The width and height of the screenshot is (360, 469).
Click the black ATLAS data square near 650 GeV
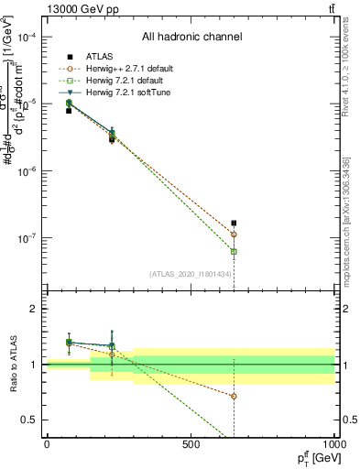pos(235,223)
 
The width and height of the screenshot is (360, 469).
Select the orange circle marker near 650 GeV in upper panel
pos(235,234)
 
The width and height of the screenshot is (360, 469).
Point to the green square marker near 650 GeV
pos(235,251)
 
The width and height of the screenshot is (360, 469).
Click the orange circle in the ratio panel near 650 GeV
pos(235,396)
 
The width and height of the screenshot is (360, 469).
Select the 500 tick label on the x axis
pos(191,444)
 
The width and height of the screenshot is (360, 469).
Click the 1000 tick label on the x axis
pos(333,444)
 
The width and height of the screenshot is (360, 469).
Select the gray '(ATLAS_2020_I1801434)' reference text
pos(191,274)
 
